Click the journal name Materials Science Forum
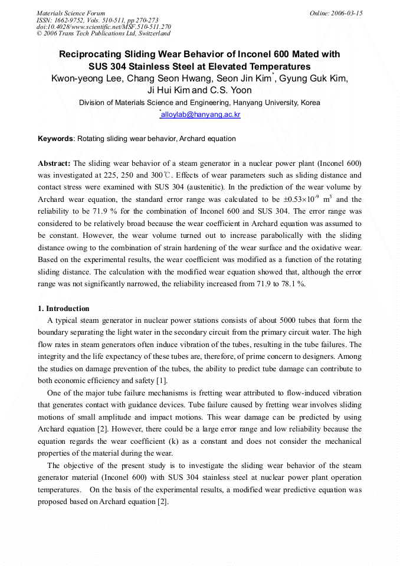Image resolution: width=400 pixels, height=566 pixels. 71,13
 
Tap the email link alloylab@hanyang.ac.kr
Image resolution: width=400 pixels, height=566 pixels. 201,114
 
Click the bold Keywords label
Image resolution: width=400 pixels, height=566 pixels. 56,139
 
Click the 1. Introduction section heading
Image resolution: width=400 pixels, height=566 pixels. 64,309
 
